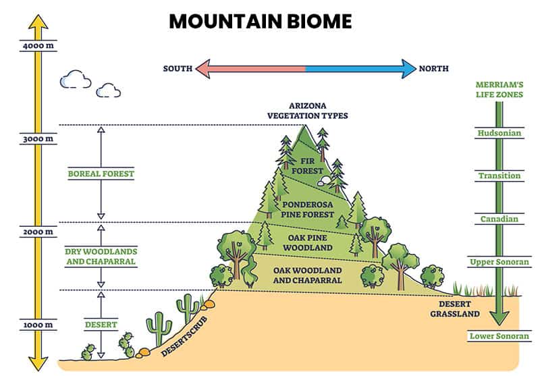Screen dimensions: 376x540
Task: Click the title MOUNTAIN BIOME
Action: point(260,21)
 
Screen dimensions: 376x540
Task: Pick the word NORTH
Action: point(434,69)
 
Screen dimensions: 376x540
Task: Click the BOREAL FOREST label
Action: point(101,173)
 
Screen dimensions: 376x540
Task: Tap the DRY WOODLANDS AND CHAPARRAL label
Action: point(101,257)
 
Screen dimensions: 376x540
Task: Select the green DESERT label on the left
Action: point(101,325)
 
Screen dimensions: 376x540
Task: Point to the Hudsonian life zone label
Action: point(499,133)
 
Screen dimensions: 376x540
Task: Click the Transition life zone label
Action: point(499,176)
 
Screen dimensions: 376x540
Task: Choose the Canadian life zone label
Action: point(499,219)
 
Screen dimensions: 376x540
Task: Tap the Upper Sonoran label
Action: point(499,261)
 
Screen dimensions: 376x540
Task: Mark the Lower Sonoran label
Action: point(499,336)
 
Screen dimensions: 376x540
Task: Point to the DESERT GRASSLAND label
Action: point(457,309)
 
